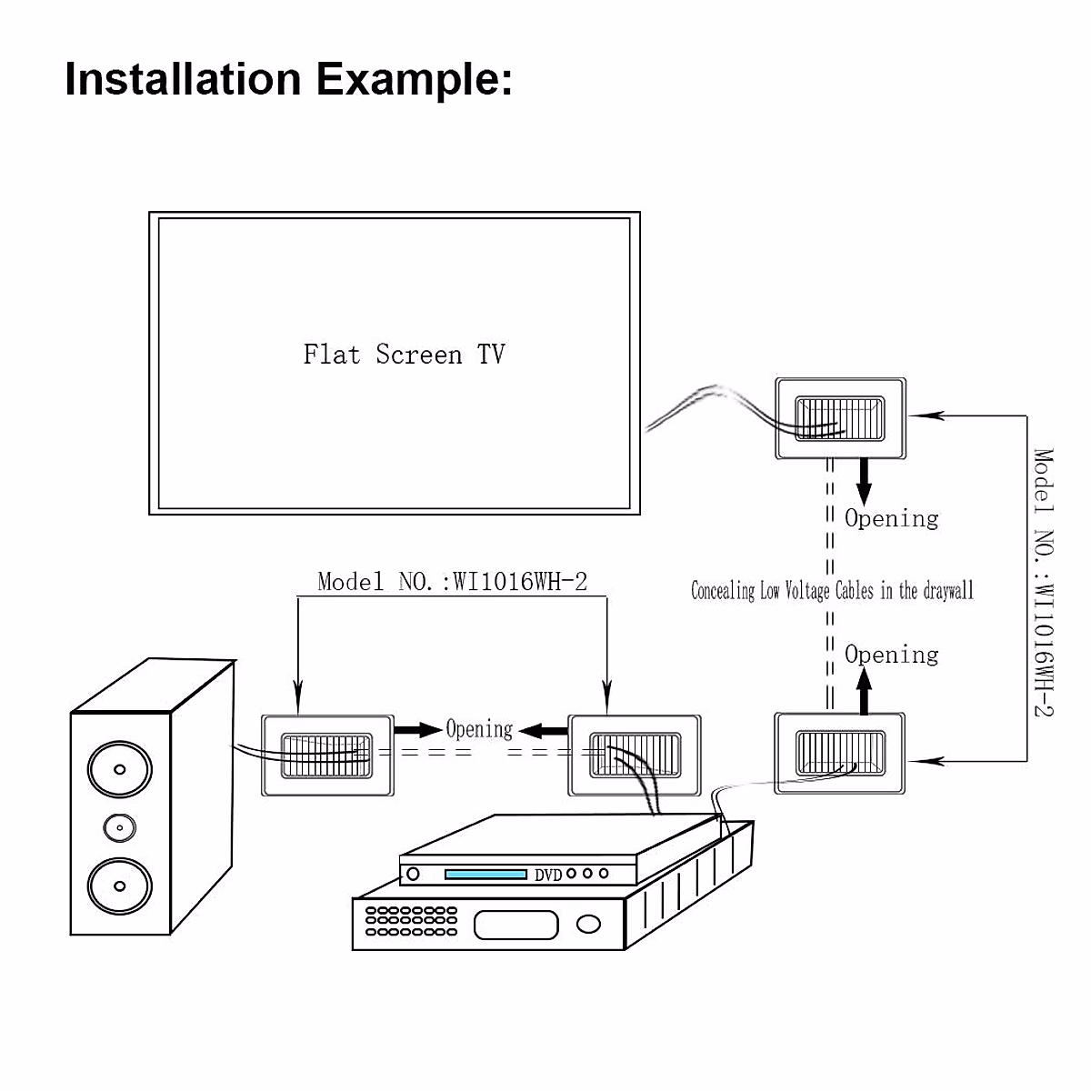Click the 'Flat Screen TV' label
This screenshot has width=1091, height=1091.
coord(404,354)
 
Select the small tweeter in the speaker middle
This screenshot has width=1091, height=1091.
coord(119,827)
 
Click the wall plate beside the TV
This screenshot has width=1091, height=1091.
coord(840,418)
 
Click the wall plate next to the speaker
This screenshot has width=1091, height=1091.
coord(327,756)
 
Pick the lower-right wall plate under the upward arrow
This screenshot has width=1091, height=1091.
coord(840,754)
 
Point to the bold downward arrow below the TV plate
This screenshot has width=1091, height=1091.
coord(864,480)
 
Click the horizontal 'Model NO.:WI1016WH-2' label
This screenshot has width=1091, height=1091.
coord(452,582)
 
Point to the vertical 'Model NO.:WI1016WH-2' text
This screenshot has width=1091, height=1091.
coord(1044,583)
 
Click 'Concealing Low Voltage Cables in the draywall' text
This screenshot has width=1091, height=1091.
coord(832,591)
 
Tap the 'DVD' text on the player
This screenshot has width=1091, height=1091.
coord(547,876)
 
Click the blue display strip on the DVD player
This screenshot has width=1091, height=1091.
coord(485,875)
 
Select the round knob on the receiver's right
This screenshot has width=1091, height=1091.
coord(589,925)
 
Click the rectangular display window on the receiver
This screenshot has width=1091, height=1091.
coord(515,925)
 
